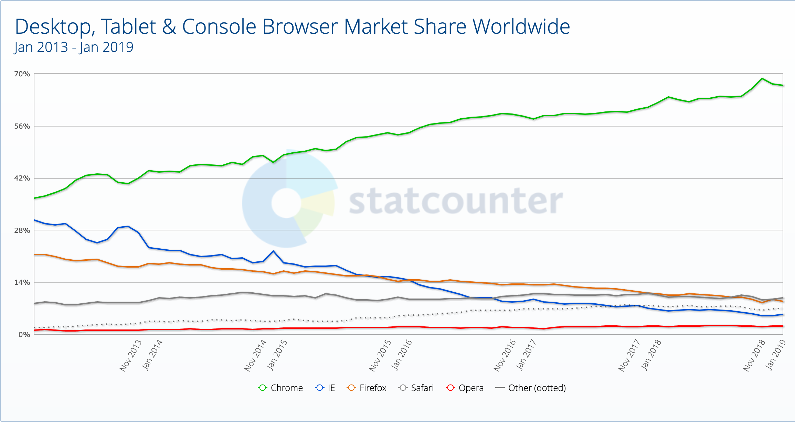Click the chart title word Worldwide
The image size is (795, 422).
tap(521, 27)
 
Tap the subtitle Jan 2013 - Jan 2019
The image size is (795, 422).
tap(74, 47)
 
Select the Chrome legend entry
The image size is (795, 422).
tap(280, 388)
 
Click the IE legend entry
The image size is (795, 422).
tap(325, 388)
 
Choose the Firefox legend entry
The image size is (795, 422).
tap(367, 388)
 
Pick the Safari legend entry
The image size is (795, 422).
tap(416, 388)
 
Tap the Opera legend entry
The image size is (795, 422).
tap(465, 388)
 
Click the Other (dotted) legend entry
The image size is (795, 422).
tap(531, 388)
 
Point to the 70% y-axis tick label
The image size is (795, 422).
tap(22, 74)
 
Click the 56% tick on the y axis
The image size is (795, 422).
tap(22, 126)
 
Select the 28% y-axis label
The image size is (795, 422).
tap(22, 230)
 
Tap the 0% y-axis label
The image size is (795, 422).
tap(24, 335)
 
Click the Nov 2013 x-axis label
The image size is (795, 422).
tap(131, 355)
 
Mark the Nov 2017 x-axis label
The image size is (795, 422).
tap(629, 355)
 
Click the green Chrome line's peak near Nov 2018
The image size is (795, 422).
tap(762, 78)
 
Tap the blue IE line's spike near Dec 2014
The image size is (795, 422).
tap(273, 251)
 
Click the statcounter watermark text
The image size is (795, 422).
tap(456, 201)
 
